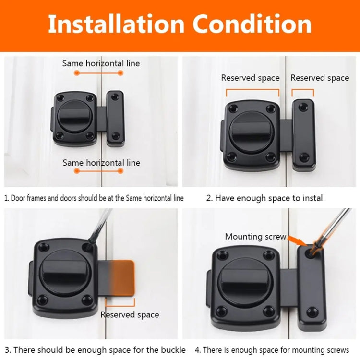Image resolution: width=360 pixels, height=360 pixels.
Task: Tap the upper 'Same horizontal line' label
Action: pyautogui.click(x=101, y=63)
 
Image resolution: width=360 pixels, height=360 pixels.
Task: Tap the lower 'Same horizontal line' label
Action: pyautogui.click(x=101, y=163)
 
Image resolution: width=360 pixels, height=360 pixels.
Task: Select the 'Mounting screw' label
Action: pyautogui.click(x=255, y=236)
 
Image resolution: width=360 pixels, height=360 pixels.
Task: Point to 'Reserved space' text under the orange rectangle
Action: pyautogui.click(x=130, y=315)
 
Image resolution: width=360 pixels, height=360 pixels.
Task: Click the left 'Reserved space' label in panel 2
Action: pyautogui.click(x=250, y=78)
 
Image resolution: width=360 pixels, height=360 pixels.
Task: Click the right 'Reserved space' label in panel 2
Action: pyautogui.click(x=320, y=78)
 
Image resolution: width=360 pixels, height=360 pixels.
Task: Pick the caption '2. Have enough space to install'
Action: pyautogui.click(x=265, y=198)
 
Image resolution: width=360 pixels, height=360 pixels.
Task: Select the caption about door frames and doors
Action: pyautogui.click(x=94, y=198)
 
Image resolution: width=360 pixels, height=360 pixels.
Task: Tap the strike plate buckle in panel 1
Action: pyautogui.click(x=115, y=118)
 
